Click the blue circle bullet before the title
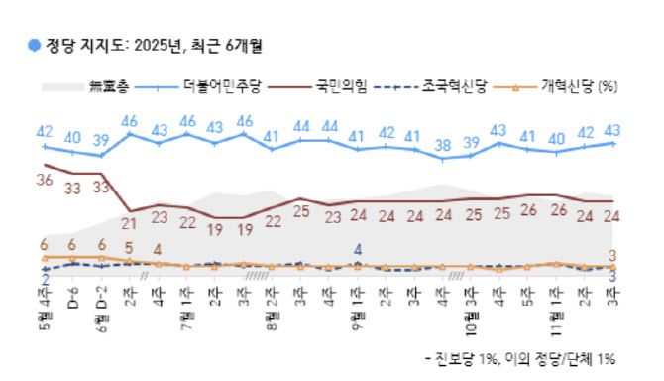pyautogui.click(x=35, y=45)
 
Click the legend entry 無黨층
pyautogui.click(x=109, y=86)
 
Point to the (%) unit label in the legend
pyautogui.click(x=608, y=86)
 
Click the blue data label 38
pyautogui.click(x=443, y=144)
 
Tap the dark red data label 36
pyautogui.click(x=44, y=181)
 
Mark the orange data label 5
pyautogui.click(x=129, y=248)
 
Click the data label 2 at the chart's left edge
pyautogui.click(x=44, y=281)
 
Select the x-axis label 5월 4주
pyautogui.click(x=44, y=308)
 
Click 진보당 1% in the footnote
pyautogui.click(x=474, y=357)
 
